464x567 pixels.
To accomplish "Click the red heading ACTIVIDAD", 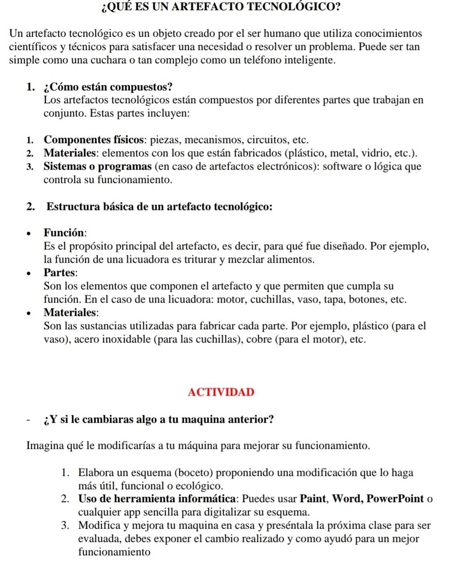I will [x=221, y=392].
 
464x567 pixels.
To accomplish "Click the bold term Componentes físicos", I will [x=95, y=140].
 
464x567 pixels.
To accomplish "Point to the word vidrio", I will [x=375, y=153].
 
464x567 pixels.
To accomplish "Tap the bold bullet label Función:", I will [x=65, y=233].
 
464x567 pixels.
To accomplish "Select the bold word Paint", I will [x=314, y=499].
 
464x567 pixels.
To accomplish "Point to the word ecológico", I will [x=195, y=486].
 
